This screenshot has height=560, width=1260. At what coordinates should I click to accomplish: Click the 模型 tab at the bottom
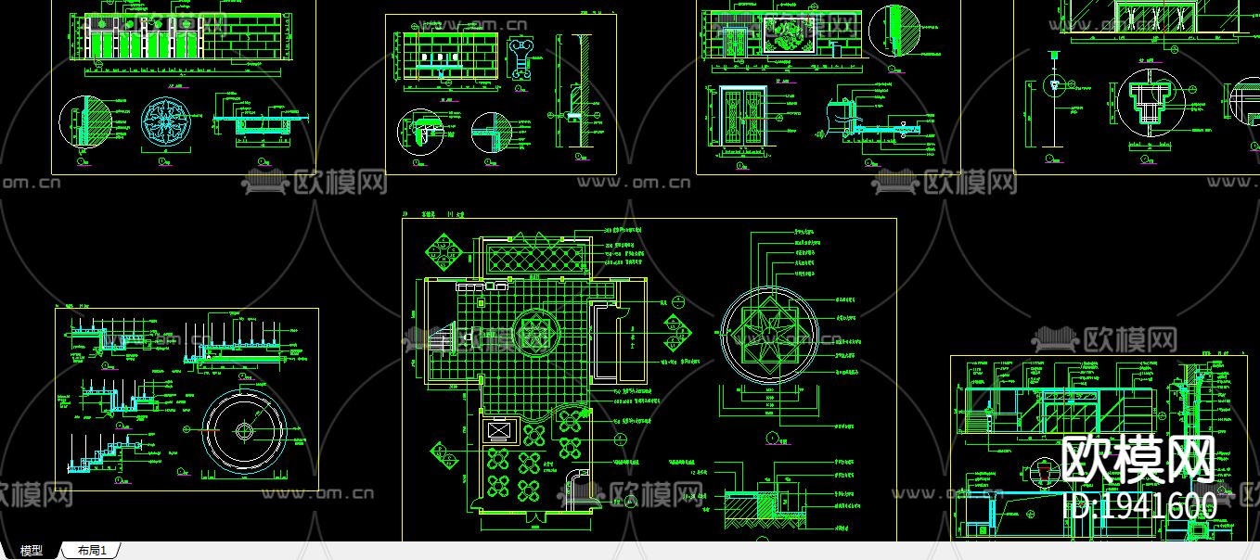click(x=32, y=551)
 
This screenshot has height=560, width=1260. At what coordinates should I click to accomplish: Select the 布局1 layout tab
click(x=92, y=551)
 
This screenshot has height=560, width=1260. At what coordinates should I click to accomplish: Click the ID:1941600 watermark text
click(x=1138, y=505)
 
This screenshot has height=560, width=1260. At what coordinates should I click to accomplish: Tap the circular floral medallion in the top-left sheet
click(x=166, y=122)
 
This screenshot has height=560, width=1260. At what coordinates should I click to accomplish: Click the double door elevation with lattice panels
click(x=742, y=117)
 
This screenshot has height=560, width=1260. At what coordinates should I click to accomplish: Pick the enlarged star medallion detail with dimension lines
click(x=769, y=336)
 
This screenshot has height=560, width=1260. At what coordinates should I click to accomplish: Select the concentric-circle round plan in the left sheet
click(x=244, y=431)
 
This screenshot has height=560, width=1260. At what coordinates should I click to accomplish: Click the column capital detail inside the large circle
click(x=1150, y=100)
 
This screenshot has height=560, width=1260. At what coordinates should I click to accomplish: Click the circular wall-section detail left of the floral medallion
click(x=84, y=121)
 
